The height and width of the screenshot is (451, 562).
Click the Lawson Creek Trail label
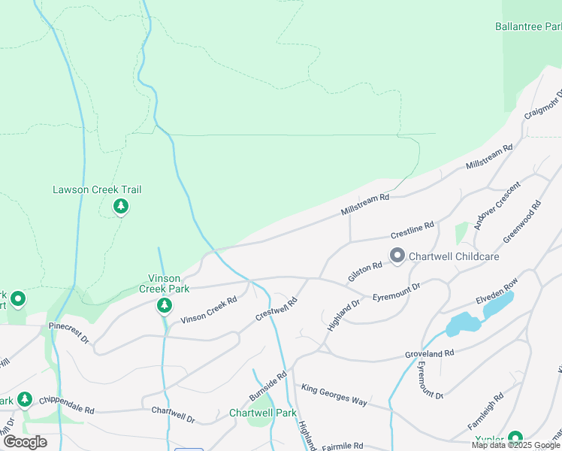pos(97,190)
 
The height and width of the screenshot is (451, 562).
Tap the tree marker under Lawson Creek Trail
pos(120,206)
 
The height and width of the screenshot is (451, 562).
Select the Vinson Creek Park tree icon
pos(164,306)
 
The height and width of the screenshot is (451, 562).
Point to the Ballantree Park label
pos(528,26)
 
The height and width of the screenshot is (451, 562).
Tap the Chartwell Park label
pos(263,413)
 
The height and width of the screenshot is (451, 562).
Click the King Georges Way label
pos(334,395)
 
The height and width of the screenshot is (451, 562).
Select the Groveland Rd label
pos(430,353)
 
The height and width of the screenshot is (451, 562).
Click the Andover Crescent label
pos(497,206)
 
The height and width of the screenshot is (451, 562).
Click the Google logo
pos(25,442)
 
